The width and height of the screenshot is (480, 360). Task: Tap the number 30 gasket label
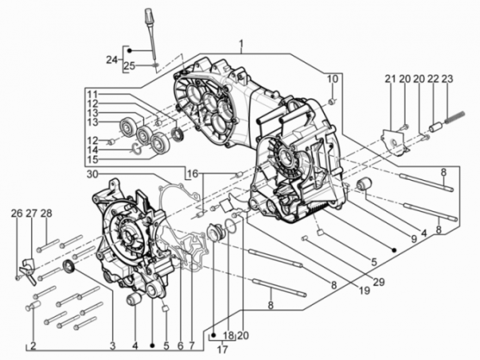(x=94, y=174)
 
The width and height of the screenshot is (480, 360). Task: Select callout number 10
(x=333, y=79)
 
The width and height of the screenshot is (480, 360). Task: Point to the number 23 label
(x=447, y=79)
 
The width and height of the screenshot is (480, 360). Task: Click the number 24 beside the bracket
(x=112, y=60)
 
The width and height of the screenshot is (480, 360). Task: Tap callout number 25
(x=130, y=66)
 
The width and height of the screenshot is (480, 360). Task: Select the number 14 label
(x=92, y=150)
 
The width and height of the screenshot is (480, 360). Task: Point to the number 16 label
(x=194, y=174)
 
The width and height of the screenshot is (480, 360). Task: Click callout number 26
(x=17, y=214)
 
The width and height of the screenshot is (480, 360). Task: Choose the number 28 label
(x=46, y=214)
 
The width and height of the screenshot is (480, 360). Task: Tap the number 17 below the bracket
(x=222, y=350)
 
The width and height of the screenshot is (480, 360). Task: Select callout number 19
(x=364, y=290)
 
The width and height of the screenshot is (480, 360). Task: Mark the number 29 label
(x=378, y=282)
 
